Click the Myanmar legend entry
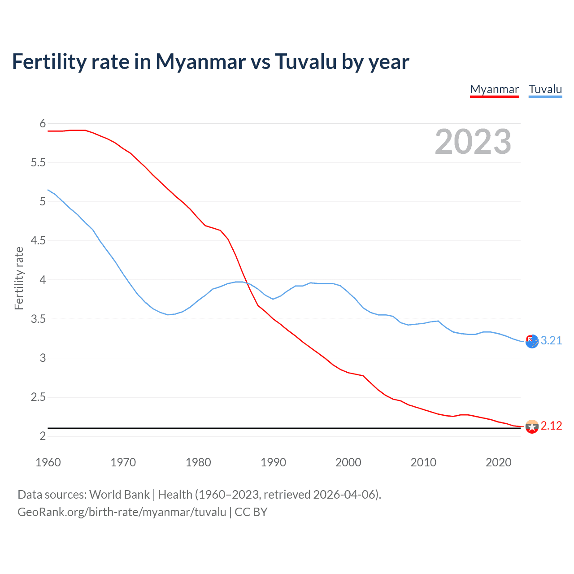(x=494, y=89)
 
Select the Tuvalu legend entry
(x=545, y=89)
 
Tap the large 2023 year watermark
(x=473, y=142)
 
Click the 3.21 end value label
(x=551, y=341)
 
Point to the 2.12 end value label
(x=551, y=426)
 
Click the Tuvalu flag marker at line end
(x=532, y=341)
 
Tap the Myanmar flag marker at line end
(x=532, y=426)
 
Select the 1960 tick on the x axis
(x=48, y=462)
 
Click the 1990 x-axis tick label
(x=273, y=462)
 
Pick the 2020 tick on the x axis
(x=498, y=462)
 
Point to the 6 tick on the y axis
(x=43, y=124)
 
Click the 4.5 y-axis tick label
(x=38, y=241)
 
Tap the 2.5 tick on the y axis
(x=38, y=397)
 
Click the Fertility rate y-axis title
(x=19, y=278)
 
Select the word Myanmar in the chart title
(x=200, y=61)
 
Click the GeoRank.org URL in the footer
(x=122, y=512)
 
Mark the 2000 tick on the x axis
(x=348, y=462)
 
